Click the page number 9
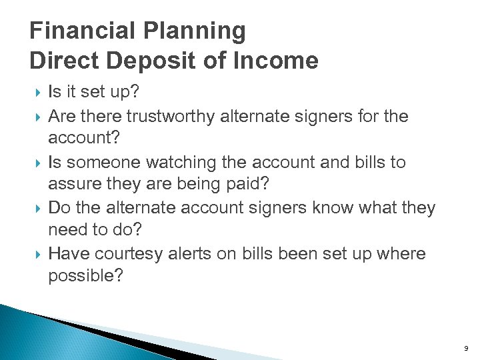[x=467, y=348]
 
